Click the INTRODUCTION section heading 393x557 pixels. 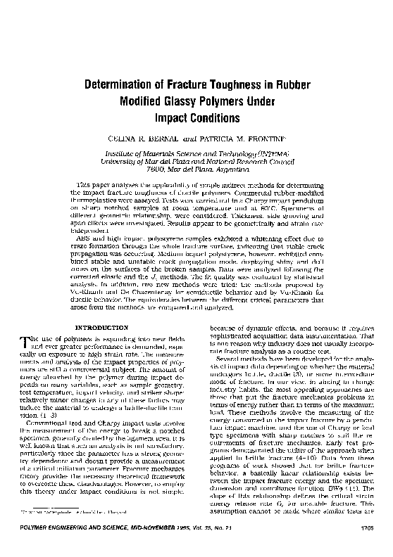[x=101, y=327]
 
